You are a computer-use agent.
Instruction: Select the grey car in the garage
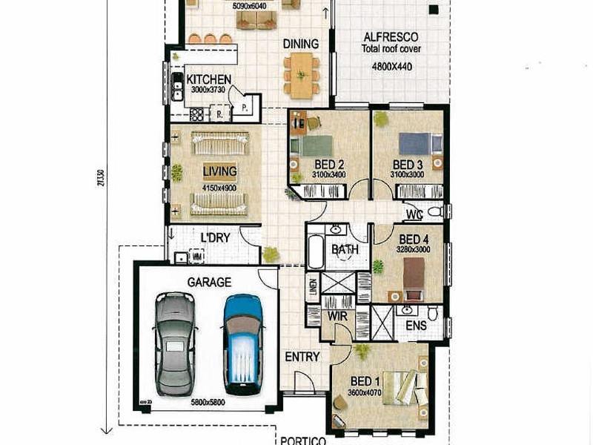[x=176, y=343]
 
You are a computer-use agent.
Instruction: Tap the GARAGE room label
[x=208, y=282]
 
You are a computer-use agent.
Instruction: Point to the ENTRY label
[x=302, y=357]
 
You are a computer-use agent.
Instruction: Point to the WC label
[x=414, y=214]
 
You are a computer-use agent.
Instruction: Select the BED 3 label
[x=408, y=164]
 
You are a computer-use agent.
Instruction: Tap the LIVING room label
[x=219, y=171]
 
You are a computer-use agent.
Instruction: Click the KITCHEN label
[x=208, y=79]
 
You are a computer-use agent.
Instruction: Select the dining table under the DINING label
[x=300, y=75]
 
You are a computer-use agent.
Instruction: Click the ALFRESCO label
[x=390, y=36]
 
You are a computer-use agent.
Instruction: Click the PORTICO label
[x=303, y=440]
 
